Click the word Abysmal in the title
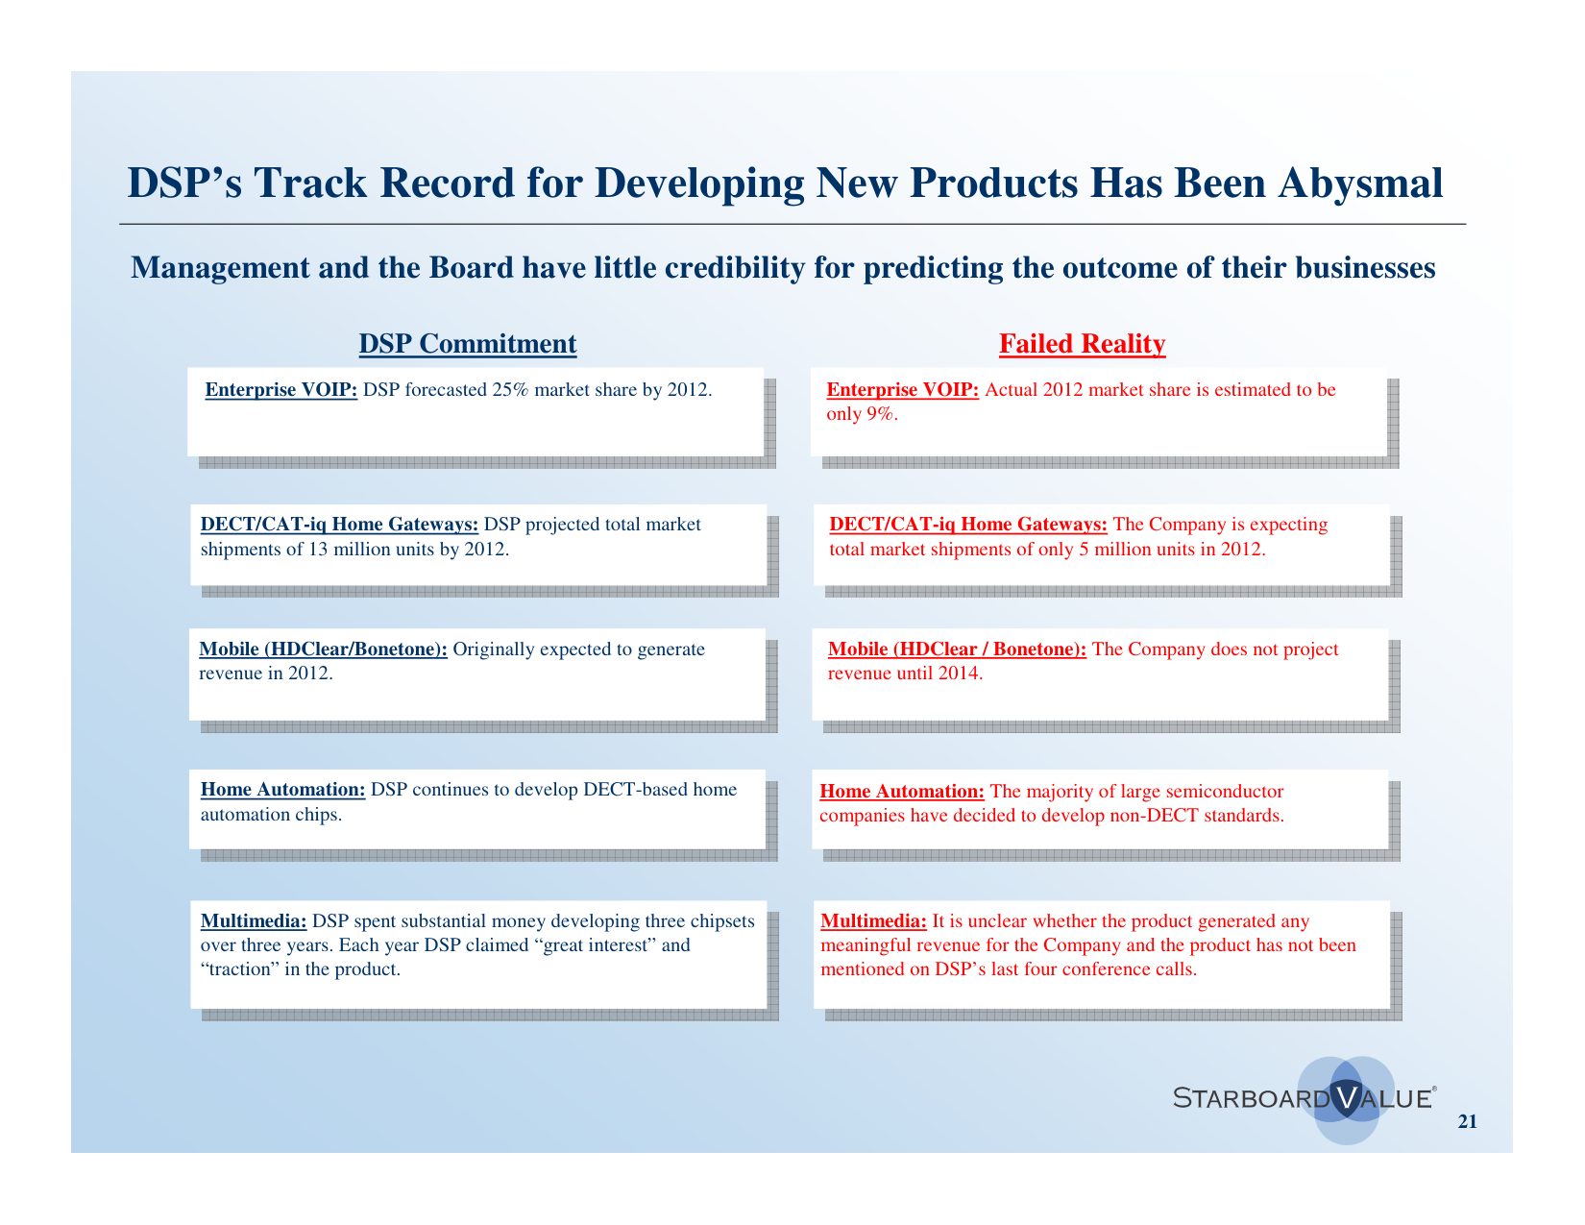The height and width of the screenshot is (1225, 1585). coord(1359,183)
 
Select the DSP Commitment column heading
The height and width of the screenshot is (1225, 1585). coord(467,344)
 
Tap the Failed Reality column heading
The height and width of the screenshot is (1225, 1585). coord(1082,344)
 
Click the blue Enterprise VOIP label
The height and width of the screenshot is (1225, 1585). coord(280,390)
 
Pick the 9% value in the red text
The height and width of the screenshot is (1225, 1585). coord(880,414)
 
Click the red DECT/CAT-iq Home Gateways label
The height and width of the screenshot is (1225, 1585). coord(968,524)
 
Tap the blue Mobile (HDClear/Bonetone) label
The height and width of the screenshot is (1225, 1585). coord(323,649)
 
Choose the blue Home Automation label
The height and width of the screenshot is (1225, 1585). coord(283,789)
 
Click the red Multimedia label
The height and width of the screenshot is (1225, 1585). coord(873,920)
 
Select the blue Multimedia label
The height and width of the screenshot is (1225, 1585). coord(253,920)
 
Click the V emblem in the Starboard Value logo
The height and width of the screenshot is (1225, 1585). coord(1346,1096)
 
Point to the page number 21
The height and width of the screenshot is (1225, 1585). coord(1467,1121)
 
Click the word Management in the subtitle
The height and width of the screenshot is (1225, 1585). coord(220,268)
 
